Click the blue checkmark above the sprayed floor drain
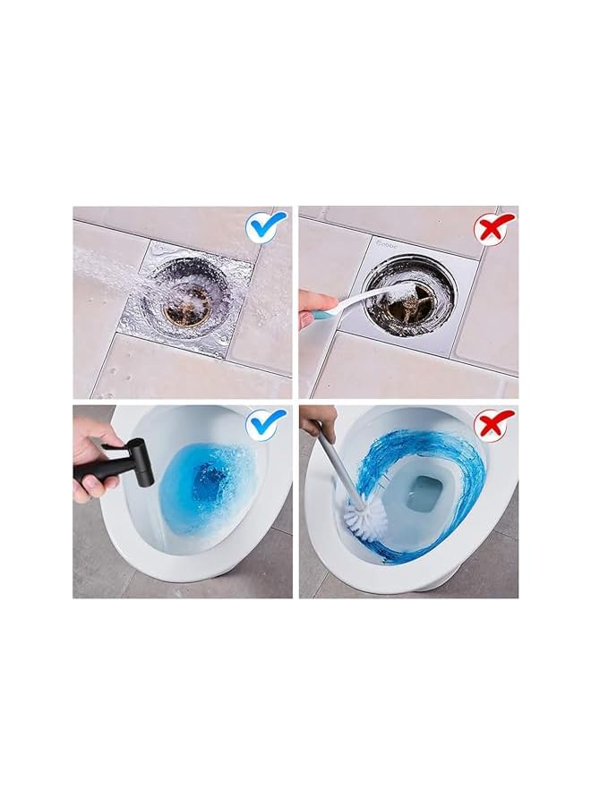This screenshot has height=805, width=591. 266,227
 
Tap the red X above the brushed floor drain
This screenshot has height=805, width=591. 494,228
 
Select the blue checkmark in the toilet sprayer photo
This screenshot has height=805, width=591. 266,422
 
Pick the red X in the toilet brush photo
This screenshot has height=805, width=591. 494,422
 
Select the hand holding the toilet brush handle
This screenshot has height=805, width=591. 319,419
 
